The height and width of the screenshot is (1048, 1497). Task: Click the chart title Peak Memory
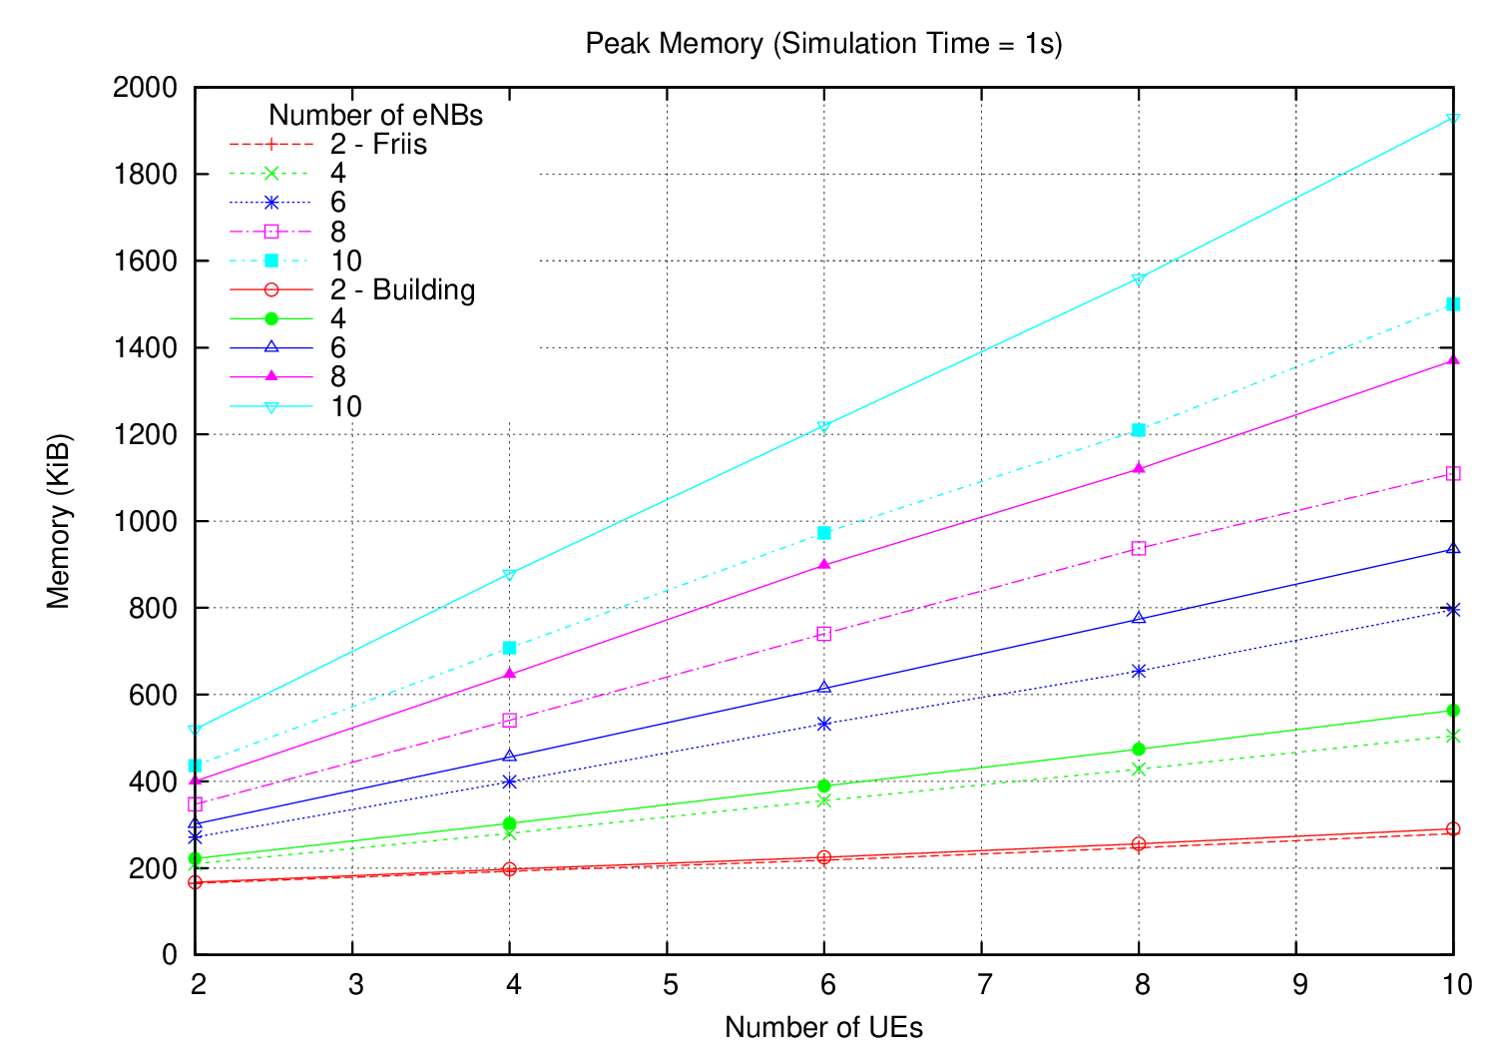823,44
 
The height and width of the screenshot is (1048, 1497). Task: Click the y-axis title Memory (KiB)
59,521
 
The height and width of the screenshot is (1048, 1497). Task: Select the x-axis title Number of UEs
823,1027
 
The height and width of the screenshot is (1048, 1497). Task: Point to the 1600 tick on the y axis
145,262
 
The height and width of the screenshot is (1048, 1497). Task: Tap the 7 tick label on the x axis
985,985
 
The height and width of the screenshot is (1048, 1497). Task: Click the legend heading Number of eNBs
376,115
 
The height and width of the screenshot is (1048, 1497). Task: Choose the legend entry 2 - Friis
378,145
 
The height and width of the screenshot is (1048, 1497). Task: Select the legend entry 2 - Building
402,290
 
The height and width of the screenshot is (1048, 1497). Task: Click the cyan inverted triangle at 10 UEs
1453,120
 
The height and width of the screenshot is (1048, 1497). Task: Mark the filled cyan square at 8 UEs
1139,430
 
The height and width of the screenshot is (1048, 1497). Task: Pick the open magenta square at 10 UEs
1453,474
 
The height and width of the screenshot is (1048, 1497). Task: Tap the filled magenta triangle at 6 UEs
824,564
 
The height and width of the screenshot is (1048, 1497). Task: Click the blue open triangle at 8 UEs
1139,619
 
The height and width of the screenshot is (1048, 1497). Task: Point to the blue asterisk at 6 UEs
824,724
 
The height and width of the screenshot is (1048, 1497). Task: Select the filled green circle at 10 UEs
1453,711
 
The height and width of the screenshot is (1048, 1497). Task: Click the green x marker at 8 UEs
1139,770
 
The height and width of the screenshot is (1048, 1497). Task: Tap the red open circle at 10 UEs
1453,828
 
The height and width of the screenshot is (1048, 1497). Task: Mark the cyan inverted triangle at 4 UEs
510,575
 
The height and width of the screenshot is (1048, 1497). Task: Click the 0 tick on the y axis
169,955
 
